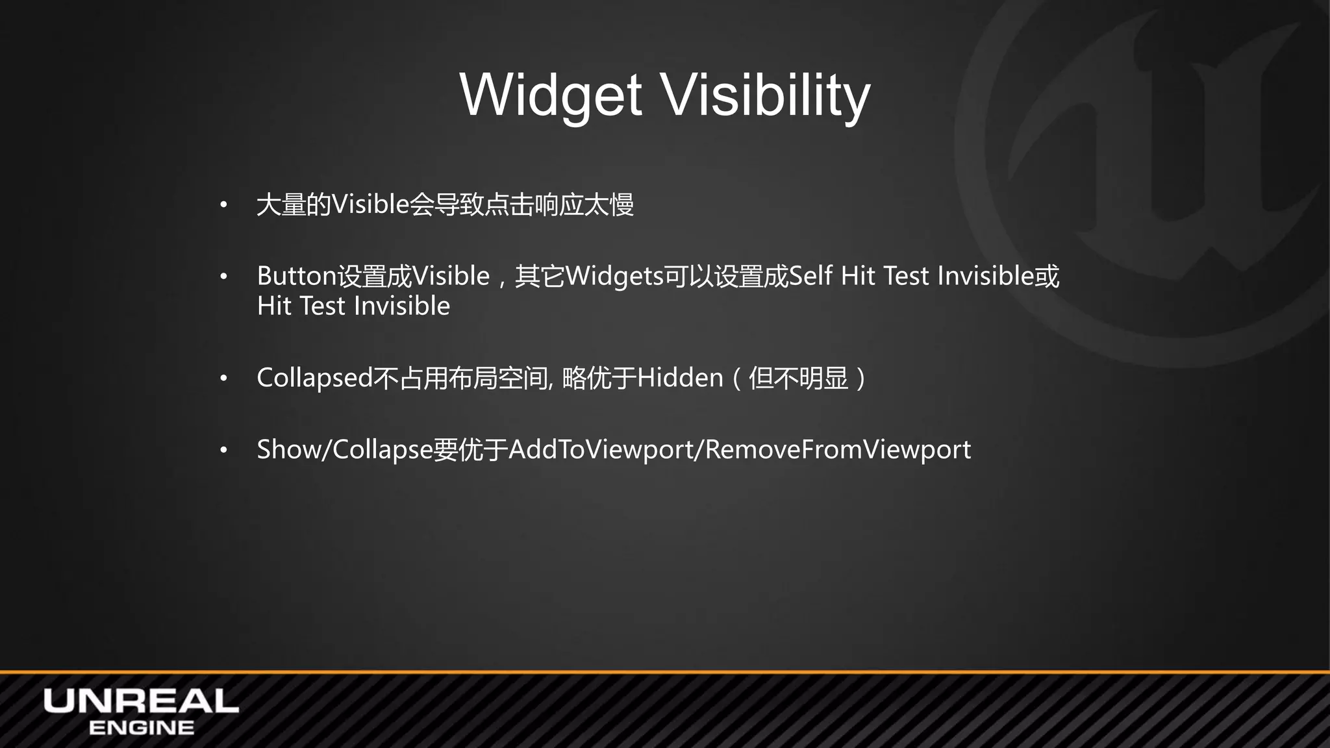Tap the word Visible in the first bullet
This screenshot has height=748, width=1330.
click(370, 205)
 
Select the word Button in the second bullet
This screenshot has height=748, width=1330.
click(297, 276)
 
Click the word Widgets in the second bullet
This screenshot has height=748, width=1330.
click(614, 276)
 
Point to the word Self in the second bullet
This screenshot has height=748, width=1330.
click(810, 276)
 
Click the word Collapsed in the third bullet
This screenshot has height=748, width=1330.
click(315, 378)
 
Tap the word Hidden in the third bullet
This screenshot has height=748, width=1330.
click(679, 378)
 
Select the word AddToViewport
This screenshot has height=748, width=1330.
click(601, 449)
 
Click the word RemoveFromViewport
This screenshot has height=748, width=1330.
click(838, 449)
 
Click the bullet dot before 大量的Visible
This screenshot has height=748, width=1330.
click(223, 205)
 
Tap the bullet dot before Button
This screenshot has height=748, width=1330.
click(223, 277)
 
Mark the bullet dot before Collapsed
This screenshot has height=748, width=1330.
click(223, 379)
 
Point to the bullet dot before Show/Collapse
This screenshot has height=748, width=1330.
click(223, 450)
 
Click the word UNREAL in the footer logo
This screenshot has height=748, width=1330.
click(141, 702)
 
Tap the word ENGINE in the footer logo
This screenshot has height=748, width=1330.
click(141, 728)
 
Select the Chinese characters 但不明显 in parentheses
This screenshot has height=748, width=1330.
click(798, 378)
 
